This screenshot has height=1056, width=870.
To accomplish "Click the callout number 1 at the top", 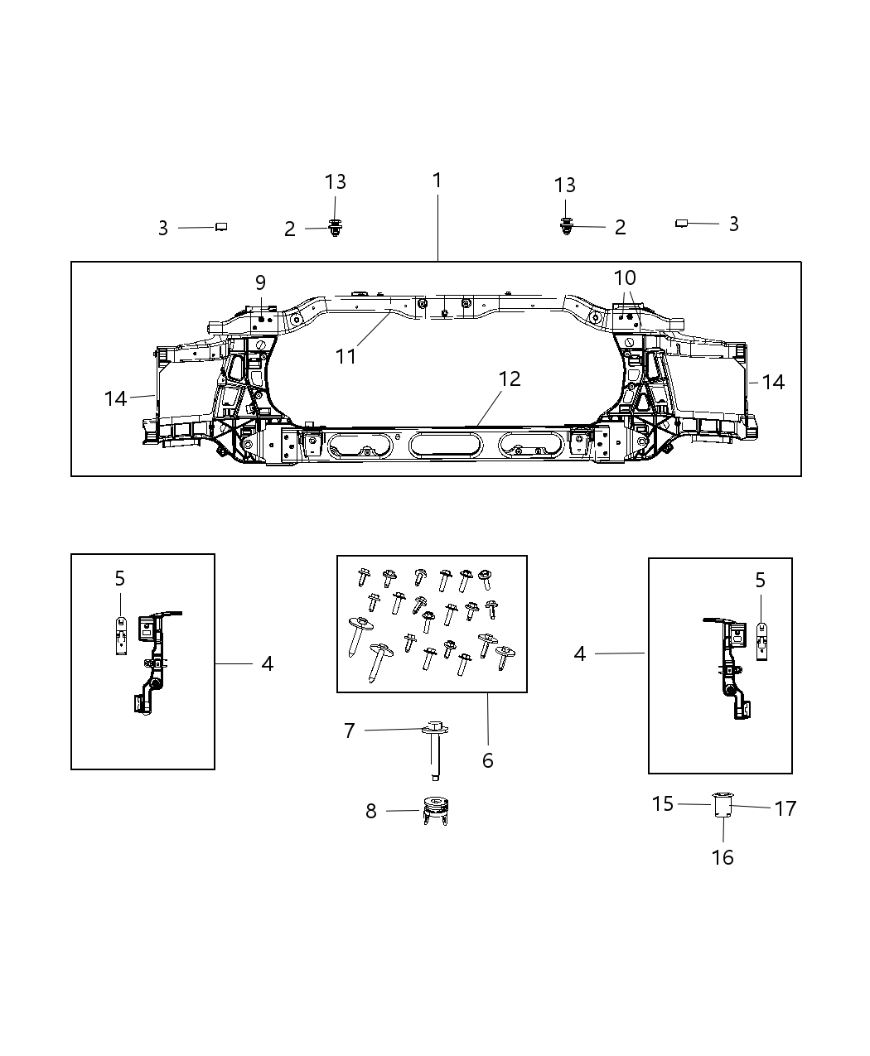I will (437, 180).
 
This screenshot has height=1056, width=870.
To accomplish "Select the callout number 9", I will (260, 282).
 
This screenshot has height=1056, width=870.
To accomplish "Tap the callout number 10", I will (625, 277).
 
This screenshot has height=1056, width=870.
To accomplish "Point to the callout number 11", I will (346, 356).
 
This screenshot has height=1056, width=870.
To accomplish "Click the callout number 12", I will (510, 379).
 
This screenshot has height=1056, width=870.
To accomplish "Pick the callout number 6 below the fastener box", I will (487, 760).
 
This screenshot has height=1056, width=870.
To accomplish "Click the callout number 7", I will (349, 731).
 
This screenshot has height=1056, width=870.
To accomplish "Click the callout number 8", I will (370, 812).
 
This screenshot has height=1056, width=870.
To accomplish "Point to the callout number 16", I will (723, 857).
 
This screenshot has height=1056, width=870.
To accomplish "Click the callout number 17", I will (785, 808).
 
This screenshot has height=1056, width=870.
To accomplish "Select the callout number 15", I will (662, 803).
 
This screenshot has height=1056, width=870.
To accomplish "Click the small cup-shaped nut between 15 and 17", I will (723, 804).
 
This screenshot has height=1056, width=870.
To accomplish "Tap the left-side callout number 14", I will (115, 398).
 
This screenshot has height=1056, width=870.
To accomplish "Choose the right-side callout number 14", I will (772, 382).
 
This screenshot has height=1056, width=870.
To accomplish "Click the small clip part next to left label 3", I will (221, 226).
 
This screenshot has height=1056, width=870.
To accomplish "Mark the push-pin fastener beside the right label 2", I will (566, 225).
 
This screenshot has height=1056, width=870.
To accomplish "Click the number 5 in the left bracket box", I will (120, 578).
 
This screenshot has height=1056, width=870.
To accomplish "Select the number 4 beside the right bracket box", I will (580, 654).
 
